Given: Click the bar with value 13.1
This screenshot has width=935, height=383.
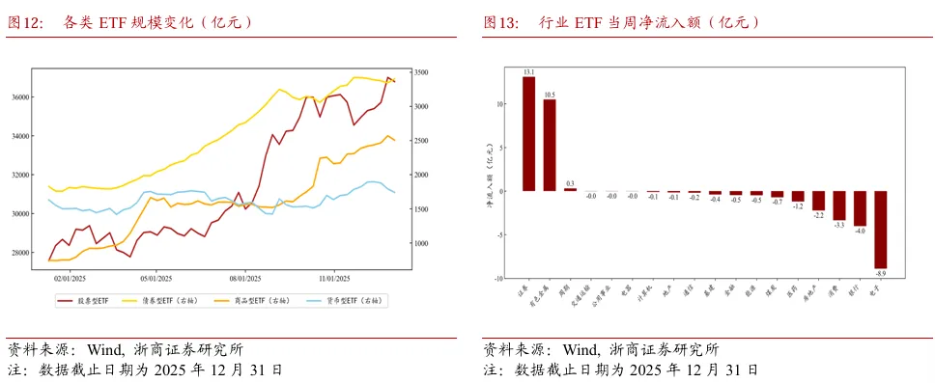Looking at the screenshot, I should pyautogui.click(x=528, y=133).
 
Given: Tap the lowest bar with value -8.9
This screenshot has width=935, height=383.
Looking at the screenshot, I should pyautogui.click(x=881, y=230).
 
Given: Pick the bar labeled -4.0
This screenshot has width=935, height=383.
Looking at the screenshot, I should pyautogui.click(x=860, y=208).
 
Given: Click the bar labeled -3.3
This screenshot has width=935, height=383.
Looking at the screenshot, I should pyautogui.click(x=839, y=205).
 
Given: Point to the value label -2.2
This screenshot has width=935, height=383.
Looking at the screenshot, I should pyautogui.click(x=818, y=215).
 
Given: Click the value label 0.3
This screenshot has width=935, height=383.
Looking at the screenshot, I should pyautogui.click(x=570, y=183).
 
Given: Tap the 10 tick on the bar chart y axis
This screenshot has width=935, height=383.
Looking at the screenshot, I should pyautogui.click(x=499, y=103).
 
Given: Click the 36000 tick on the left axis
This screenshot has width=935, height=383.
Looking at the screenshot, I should pyautogui.click(x=20, y=97).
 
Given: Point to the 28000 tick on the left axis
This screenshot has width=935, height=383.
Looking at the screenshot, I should pyautogui.click(x=20, y=253).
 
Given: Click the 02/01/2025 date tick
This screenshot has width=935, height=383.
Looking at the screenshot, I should pyautogui.click(x=69, y=277).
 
